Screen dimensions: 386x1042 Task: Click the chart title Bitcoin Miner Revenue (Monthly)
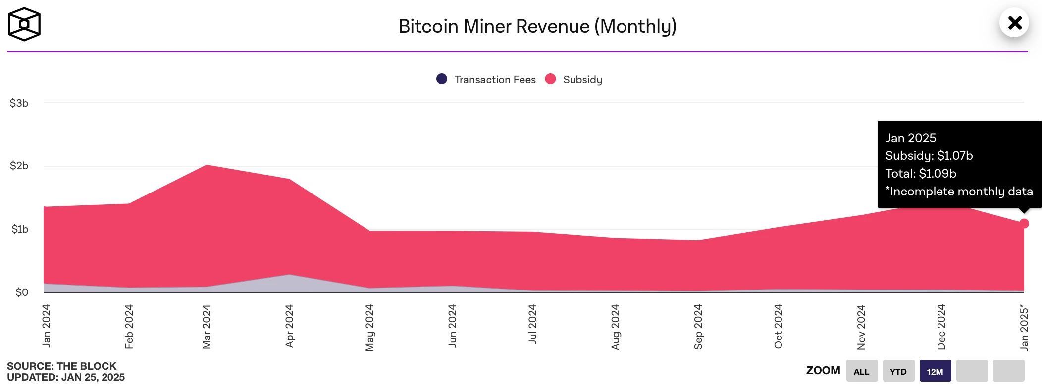pyautogui.click(x=537, y=26)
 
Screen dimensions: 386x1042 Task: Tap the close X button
pyautogui.click(x=1014, y=23)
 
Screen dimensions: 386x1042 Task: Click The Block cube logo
pyautogui.click(x=24, y=24)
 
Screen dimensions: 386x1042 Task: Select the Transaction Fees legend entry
pyautogui.click(x=486, y=79)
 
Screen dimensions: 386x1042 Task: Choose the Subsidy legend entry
pyautogui.click(x=574, y=79)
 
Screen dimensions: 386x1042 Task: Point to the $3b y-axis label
pyautogui.click(x=19, y=103)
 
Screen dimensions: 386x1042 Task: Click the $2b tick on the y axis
pyautogui.click(x=19, y=166)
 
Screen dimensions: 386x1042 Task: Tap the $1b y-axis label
pyautogui.click(x=20, y=229)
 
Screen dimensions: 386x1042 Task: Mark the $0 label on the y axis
pyautogui.click(x=22, y=292)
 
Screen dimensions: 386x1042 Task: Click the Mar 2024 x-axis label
pyautogui.click(x=207, y=327)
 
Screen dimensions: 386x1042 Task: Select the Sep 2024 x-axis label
pyautogui.click(x=698, y=327)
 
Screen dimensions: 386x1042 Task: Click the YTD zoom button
pyautogui.click(x=898, y=371)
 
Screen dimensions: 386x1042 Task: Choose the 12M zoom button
pyautogui.click(x=935, y=371)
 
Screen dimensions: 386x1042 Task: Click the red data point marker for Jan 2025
pyautogui.click(x=1024, y=224)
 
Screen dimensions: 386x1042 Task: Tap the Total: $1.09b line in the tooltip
pyautogui.click(x=921, y=174)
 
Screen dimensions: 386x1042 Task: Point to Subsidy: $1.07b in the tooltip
pyautogui.click(x=929, y=156)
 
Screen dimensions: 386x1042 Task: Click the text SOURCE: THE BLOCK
pyautogui.click(x=61, y=366)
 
